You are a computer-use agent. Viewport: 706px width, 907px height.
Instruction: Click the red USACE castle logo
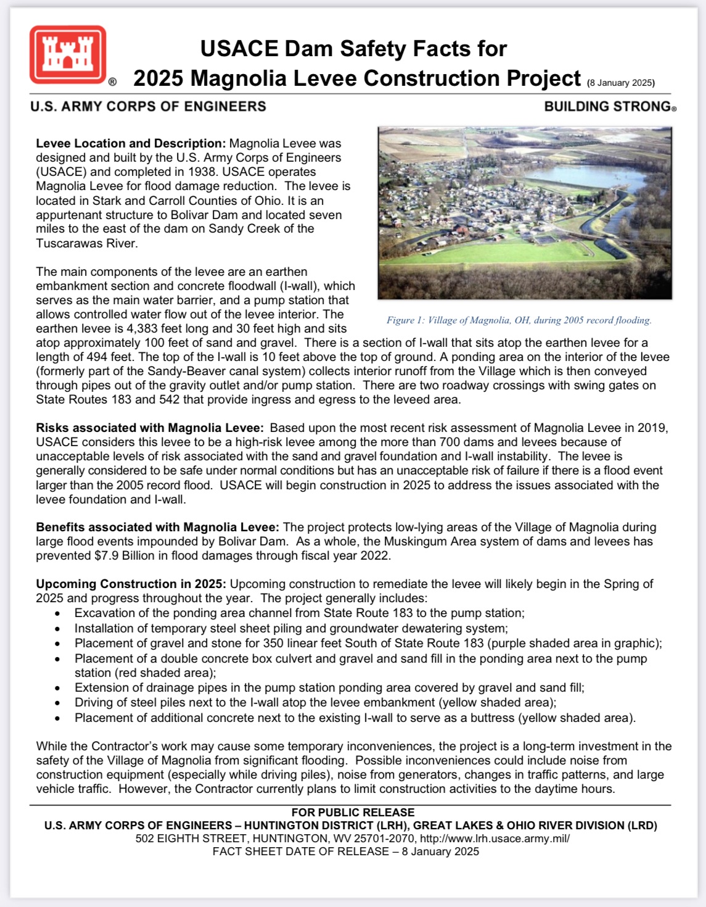click(x=68, y=55)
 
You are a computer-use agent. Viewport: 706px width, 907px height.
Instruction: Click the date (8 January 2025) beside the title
click(x=620, y=83)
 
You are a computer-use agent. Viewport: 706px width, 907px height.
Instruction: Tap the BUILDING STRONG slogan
click(x=609, y=106)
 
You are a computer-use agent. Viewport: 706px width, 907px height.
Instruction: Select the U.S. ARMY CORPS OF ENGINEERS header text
click(x=148, y=106)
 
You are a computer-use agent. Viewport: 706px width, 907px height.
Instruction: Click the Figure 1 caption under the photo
click(x=519, y=320)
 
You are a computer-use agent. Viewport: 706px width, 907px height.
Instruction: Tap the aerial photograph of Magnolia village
click(x=525, y=213)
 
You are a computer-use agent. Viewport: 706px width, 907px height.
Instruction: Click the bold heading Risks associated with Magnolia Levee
click(x=150, y=428)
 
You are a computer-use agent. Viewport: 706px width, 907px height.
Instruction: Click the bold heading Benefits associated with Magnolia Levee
click(x=157, y=527)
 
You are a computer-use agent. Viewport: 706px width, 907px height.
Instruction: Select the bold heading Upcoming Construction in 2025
click(x=131, y=584)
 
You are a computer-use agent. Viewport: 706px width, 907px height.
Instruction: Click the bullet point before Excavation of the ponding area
click(x=57, y=613)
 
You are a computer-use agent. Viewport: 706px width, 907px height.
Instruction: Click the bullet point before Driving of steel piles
click(x=57, y=703)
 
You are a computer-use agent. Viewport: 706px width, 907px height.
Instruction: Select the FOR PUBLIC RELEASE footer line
click(x=353, y=813)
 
